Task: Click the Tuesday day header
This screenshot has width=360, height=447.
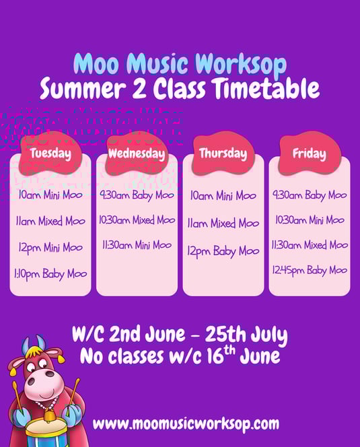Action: coord(50,153)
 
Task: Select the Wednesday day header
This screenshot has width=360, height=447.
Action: coord(137,153)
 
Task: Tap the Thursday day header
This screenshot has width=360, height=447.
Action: coord(223,153)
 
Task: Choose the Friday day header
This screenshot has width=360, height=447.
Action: coord(310,153)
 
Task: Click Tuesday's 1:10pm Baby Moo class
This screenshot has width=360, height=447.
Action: coord(50,274)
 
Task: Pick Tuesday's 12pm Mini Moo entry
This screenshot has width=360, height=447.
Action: coord(50,248)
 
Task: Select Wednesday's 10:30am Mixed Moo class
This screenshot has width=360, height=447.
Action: coord(137,220)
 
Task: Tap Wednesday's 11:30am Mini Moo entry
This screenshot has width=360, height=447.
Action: coord(137,245)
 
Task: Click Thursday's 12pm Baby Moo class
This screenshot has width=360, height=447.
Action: coord(223,251)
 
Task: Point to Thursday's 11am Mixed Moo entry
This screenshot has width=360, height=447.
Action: coord(223,224)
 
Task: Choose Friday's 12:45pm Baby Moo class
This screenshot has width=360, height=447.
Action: coord(310,270)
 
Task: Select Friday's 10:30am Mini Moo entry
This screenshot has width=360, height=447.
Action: coord(310,220)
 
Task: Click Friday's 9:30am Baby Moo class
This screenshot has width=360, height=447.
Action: coord(310,195)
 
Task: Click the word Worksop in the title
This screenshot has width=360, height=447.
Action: coord(241,63)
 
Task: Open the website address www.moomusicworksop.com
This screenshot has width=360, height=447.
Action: coord(186,423)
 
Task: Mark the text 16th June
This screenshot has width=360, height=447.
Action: coord(243,355)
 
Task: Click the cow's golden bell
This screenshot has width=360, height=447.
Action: coord(49,417)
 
